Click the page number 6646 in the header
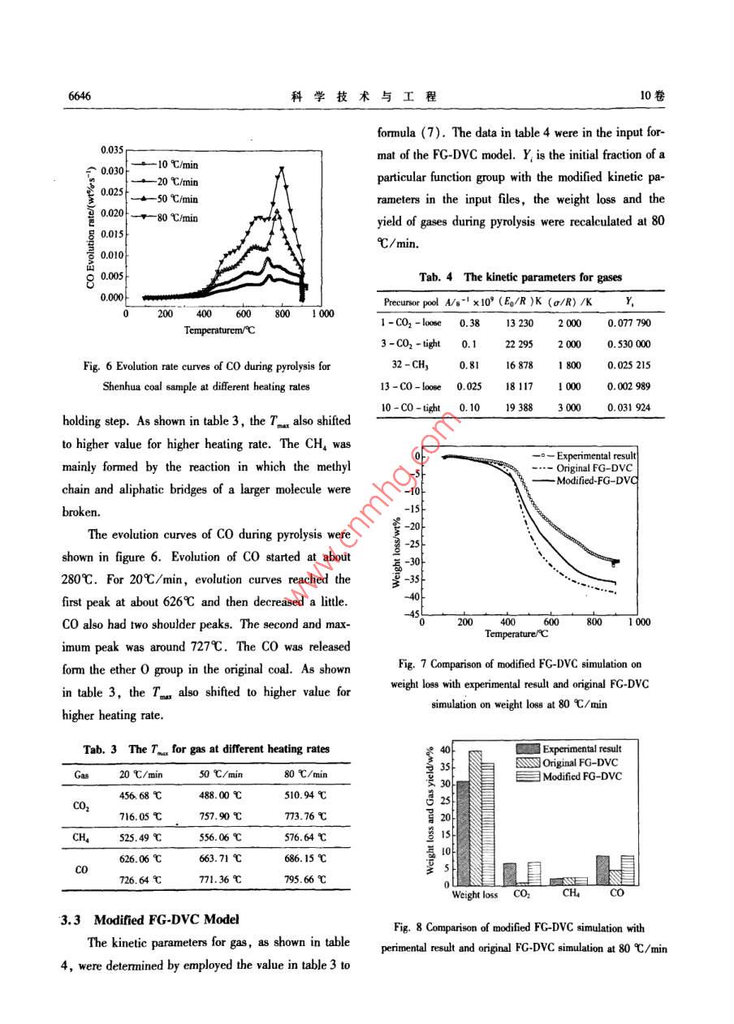[x=79, y=96]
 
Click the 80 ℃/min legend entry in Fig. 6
[x=177, y=217]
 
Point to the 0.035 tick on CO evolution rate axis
[x=111, y=150]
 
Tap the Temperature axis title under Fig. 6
[x=219, y=330]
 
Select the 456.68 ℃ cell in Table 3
[x=139, y=796]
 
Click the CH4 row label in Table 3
[x=80, y=837]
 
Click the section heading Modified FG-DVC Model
[x=166, y=920]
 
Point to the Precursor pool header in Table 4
[x=409, y=302]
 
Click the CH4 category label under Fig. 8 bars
[x=571, y=894]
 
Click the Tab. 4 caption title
[x=520, y=278]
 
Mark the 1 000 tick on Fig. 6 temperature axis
[x=321, y=313]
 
